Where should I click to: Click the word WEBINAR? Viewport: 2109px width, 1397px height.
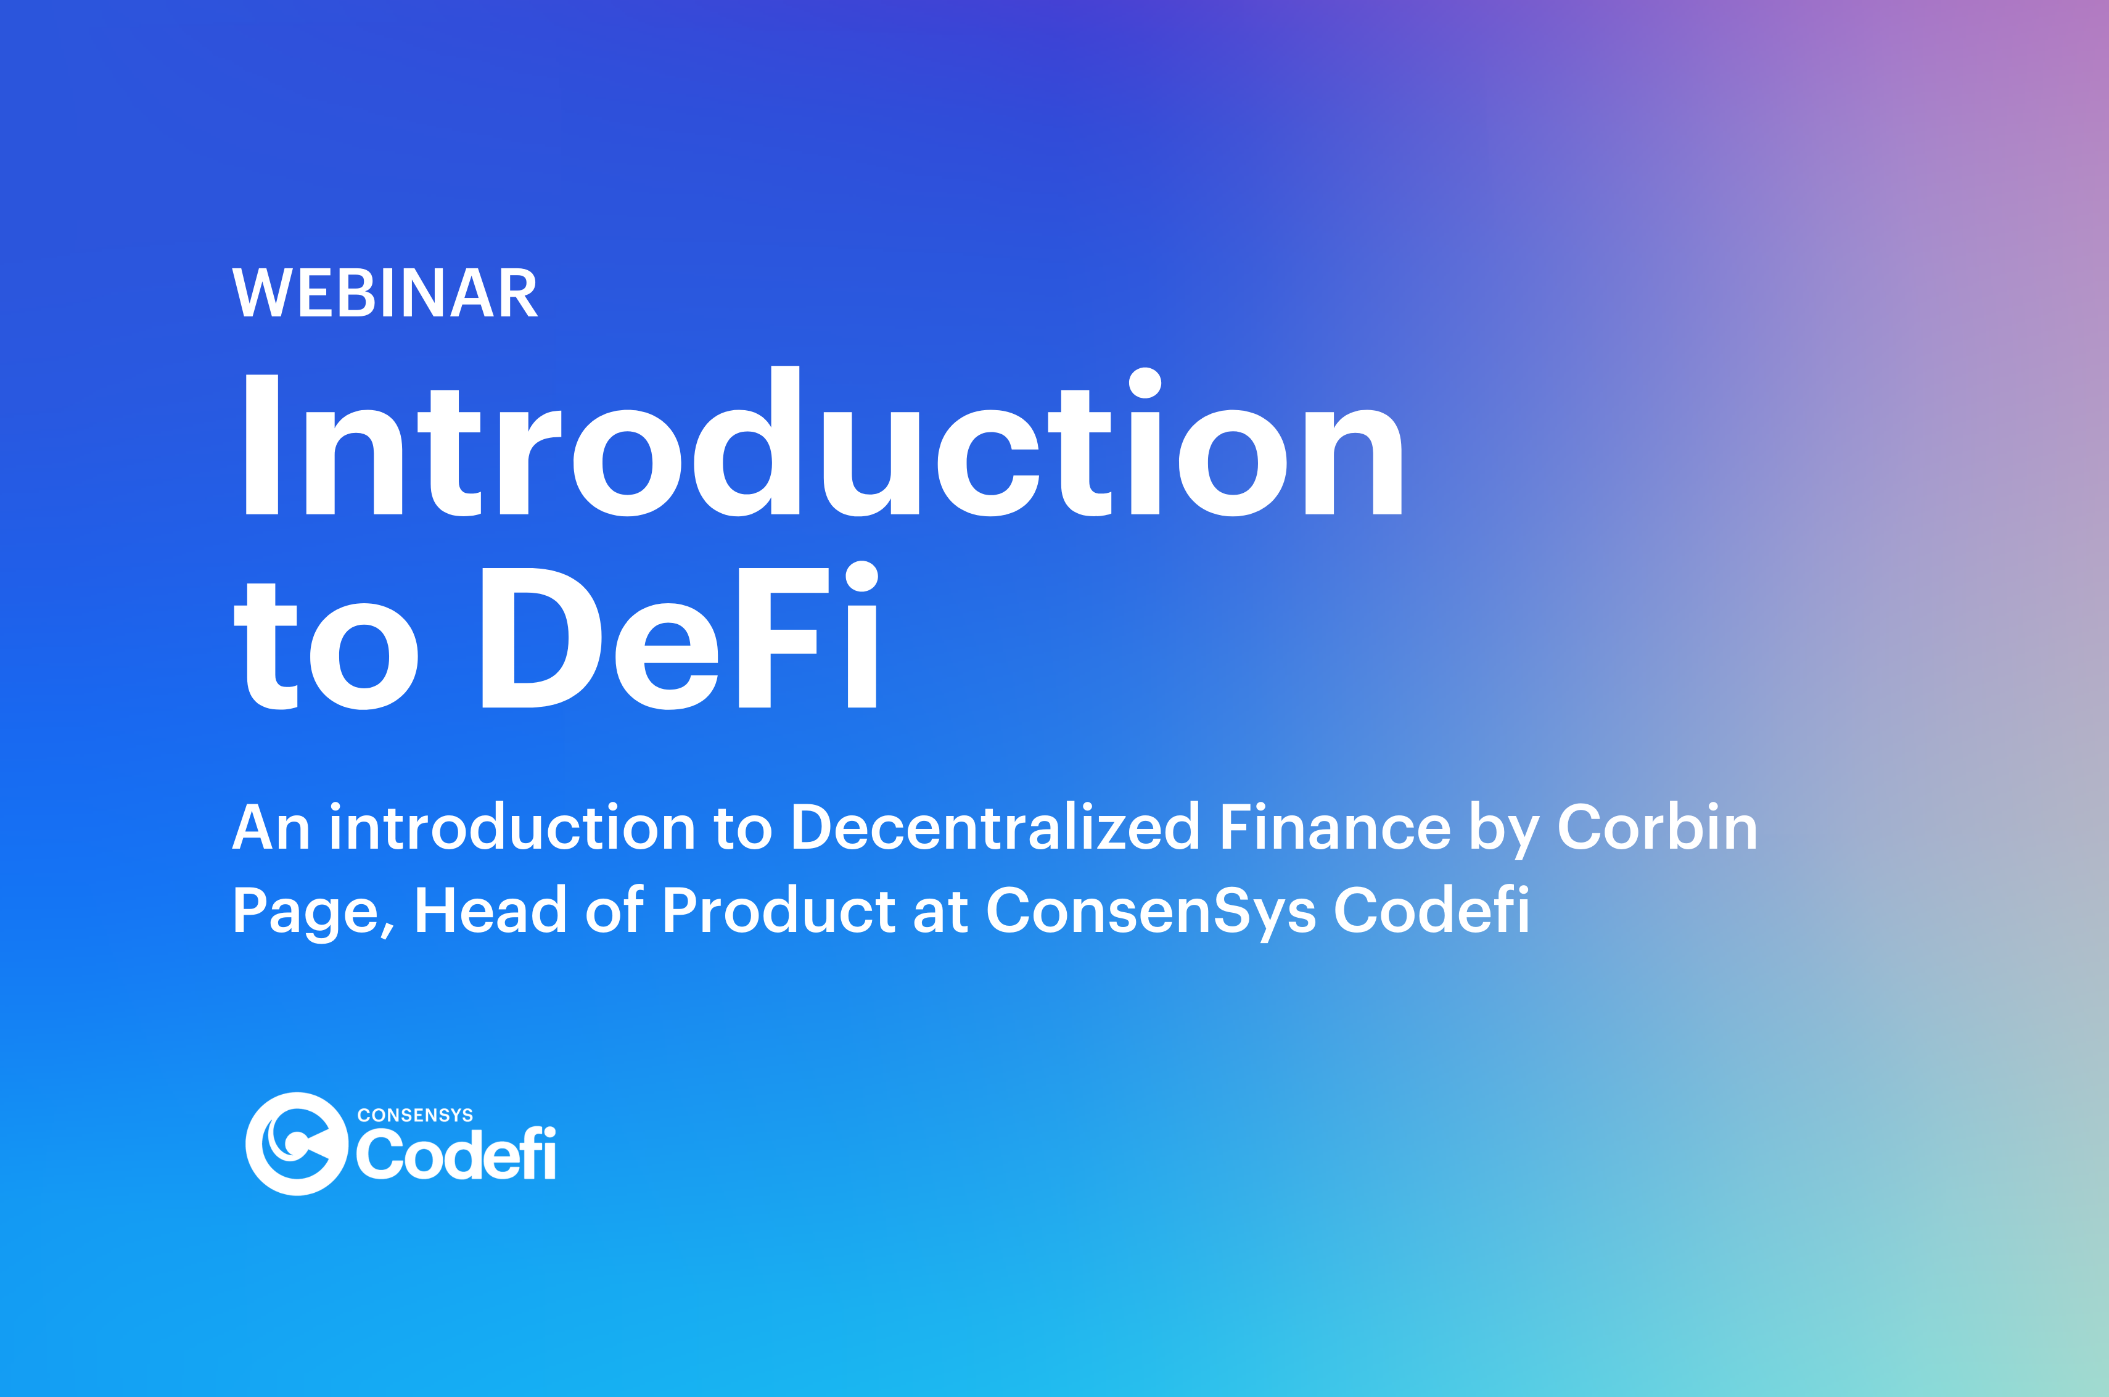[x=385, y=292]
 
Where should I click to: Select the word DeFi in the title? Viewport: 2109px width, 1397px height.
[x=680, y=634]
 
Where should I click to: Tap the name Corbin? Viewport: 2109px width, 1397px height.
[x=1658, y=827]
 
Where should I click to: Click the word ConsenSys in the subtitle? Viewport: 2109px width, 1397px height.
[x=1151, y=912]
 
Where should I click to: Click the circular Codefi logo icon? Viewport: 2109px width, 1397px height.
[x=297, y=1144]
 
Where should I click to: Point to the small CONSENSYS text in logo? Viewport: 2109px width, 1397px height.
[x=415, y=1116]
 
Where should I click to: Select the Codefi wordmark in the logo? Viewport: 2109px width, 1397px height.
[x=456, y=1154]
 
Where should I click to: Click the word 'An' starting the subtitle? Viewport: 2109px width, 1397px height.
[x=271, y=827]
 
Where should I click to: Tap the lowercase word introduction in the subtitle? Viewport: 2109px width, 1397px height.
[x=512, y=827]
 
